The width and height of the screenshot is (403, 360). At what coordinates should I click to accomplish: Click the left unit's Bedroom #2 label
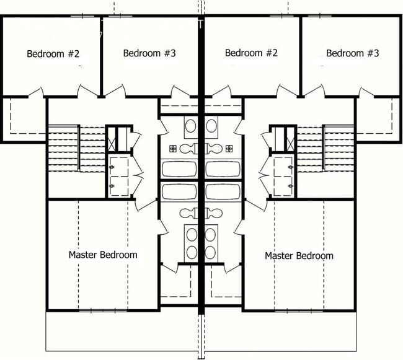53,53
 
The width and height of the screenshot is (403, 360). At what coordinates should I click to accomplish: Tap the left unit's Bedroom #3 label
149,53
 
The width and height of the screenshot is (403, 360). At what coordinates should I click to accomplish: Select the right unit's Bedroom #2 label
251,53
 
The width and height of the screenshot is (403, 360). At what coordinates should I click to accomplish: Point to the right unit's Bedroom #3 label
352,53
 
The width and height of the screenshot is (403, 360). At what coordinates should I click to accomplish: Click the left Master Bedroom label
103,255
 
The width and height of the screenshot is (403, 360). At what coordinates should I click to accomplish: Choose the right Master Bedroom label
299,255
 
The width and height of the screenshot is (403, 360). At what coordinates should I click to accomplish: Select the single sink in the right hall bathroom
212,127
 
